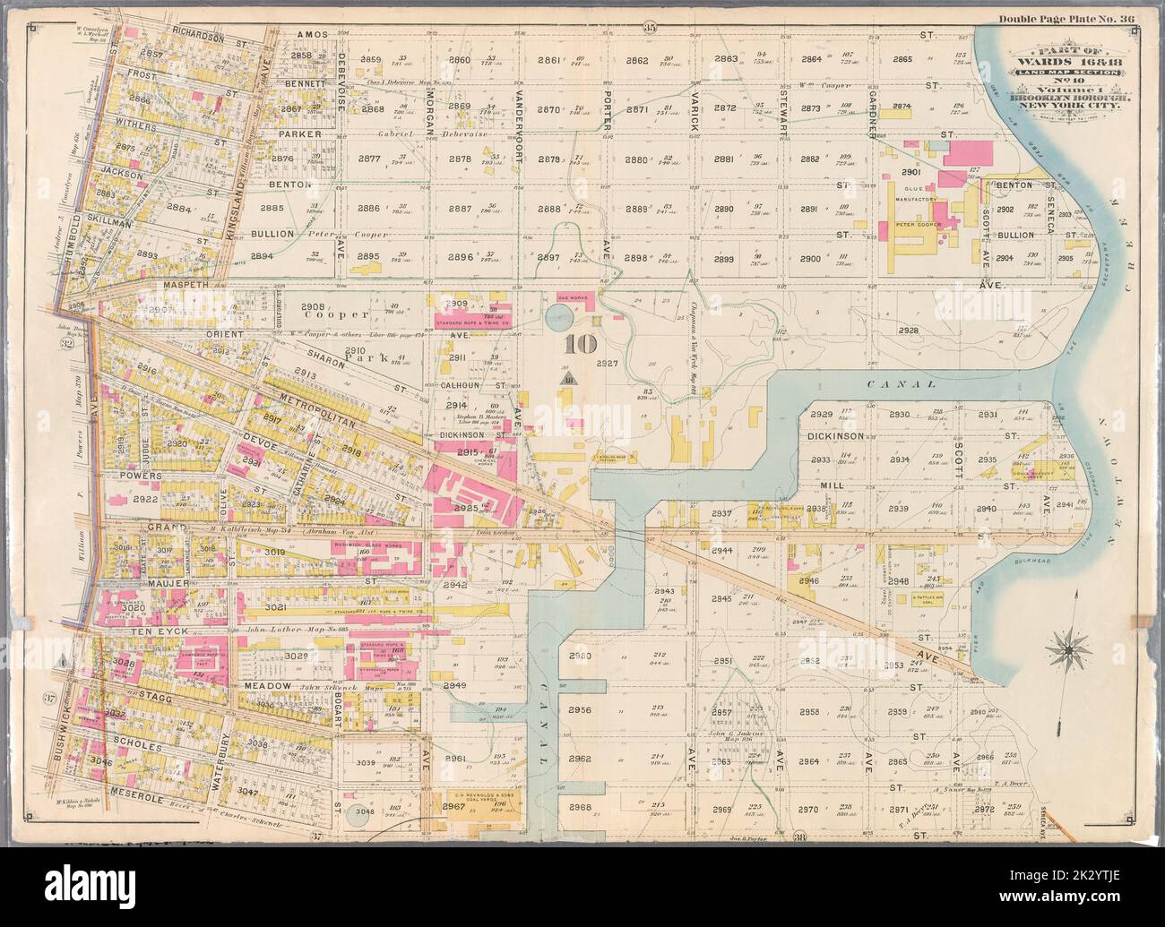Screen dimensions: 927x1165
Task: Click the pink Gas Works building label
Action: click(x=575, y=296)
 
